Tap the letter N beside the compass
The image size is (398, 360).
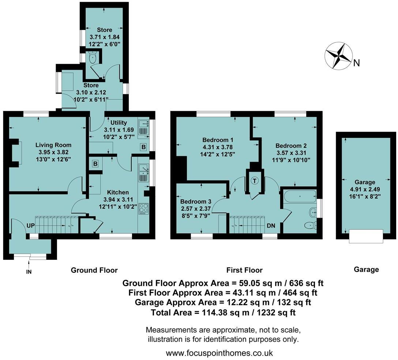click(356, 63)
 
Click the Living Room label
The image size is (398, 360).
click(53, 145)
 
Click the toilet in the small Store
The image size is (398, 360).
click(92, 58)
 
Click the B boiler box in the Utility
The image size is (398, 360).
click(144, 147)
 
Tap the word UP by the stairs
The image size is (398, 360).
click(30, 226)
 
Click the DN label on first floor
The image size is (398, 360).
click(271, 226)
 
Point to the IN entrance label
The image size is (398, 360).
click(29, 272)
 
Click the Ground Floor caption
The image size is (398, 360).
click(94, 270)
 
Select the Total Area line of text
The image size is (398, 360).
click(223, 312)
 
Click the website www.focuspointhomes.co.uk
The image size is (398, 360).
click(219, 353)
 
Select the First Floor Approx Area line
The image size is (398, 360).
click(223, 293)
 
